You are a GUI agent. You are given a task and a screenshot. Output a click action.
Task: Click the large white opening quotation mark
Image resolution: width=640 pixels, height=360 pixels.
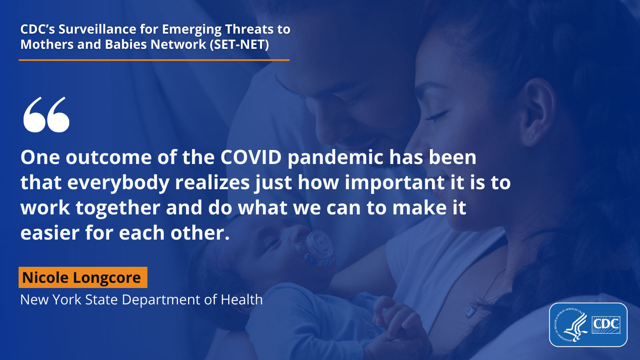[x=46, y=114]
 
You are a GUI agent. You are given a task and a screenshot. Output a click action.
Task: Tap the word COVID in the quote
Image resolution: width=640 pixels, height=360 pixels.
[x=251, y=157]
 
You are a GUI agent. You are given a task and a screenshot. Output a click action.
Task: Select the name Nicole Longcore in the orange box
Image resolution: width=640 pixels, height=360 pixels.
[x=82, y=278]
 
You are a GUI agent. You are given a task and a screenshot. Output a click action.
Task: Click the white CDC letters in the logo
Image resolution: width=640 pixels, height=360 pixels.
[x=606, y=324]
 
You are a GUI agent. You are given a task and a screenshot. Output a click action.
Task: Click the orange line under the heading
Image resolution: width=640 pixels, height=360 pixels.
[x=154, y=60]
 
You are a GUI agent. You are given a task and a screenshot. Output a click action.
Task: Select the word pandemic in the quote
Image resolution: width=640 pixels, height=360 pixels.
[x=335, y=157]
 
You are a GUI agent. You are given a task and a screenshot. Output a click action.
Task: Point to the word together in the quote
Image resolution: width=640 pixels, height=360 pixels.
[x=118, y=208]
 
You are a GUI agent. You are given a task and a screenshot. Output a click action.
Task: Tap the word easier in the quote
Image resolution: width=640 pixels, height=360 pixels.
[x=50, y=233]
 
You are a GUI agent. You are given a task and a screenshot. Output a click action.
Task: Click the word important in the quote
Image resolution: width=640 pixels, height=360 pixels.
[x=394, y=183]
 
